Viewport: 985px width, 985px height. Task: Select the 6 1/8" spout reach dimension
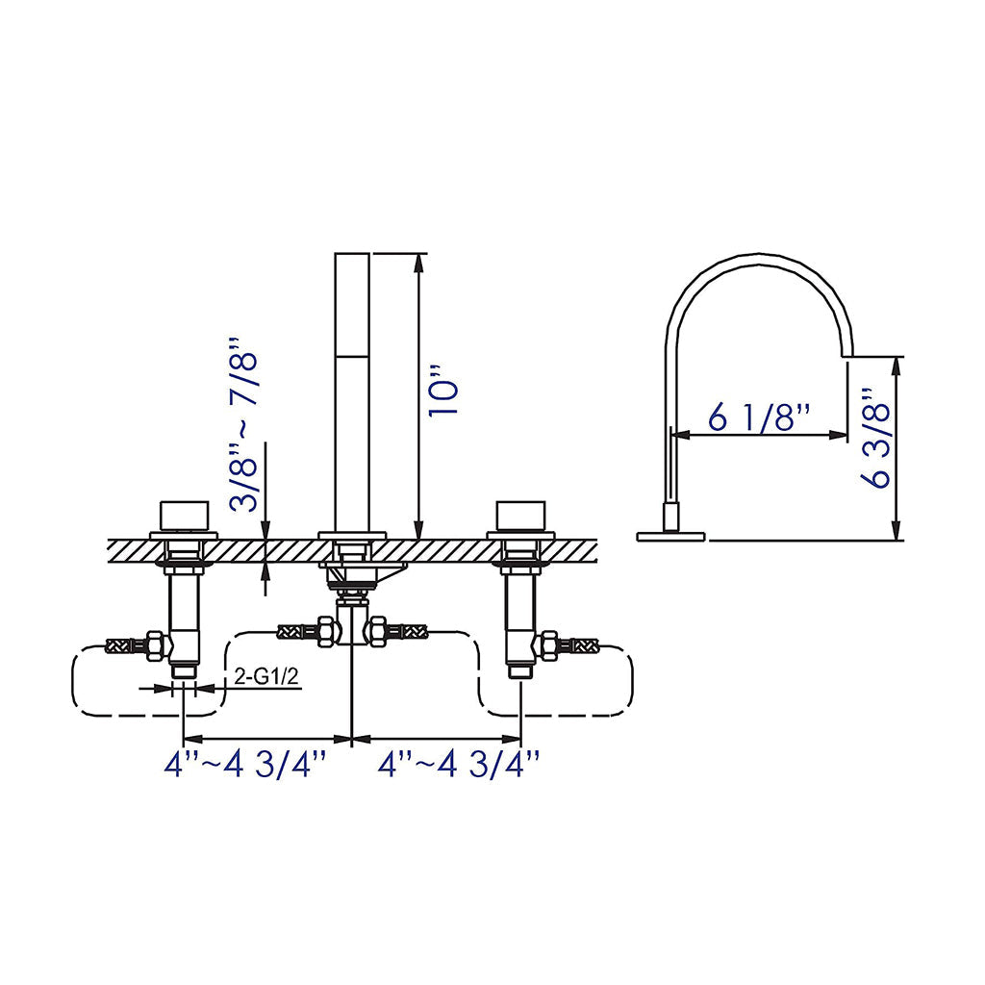point(760,417)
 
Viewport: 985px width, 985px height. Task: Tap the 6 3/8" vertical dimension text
point(876,439)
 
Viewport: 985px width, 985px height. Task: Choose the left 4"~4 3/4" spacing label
point(246,766)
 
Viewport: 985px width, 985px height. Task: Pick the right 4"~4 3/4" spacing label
point(458,766)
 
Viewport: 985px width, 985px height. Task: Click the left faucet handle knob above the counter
point(184,516)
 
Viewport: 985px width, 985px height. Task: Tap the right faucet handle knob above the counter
point(520,516)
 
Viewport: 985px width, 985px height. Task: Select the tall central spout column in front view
point(352,391)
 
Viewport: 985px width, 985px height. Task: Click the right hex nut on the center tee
point(378,631)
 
